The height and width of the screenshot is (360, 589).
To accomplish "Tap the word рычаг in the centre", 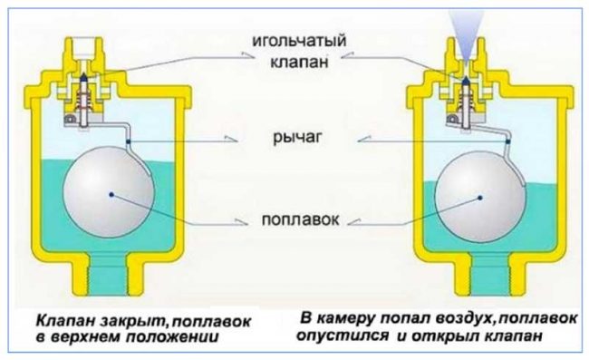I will [x=294, y=138].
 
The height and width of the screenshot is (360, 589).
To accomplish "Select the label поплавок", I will [x=294, y=220].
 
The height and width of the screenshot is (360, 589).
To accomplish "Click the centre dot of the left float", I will [x=110, y=192].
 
